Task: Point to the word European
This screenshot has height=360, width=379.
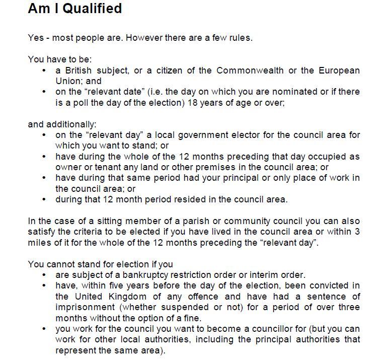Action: (x=339, y=70)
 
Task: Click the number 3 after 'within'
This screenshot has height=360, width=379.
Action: (x=357, y=232)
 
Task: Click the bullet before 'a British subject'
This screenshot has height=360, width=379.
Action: (x=45, y=70)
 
